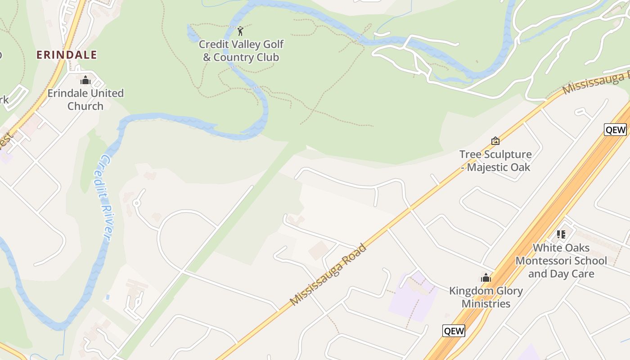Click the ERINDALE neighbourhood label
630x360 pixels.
67,55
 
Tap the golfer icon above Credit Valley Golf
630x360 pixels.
240,31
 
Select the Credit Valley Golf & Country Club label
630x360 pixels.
241,51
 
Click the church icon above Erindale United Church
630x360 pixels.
85,80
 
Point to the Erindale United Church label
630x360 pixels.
85,99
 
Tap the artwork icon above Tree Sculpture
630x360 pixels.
495,141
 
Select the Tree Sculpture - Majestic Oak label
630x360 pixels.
495,161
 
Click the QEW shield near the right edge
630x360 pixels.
615,130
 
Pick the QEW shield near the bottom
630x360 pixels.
454,331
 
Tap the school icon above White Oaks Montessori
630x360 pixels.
561,234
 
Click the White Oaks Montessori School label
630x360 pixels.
561,261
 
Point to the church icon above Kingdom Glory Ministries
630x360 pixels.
486,278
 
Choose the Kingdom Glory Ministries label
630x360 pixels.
486,297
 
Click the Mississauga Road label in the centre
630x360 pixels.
328,275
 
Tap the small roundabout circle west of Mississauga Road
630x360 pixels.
137,203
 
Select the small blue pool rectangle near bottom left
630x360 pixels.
107,297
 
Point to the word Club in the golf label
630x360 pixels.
266,57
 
